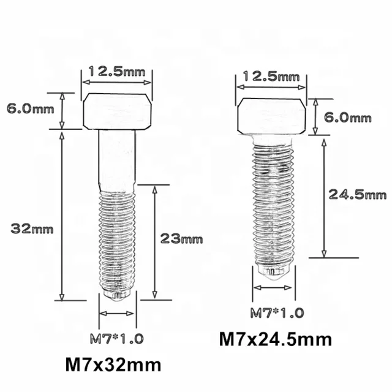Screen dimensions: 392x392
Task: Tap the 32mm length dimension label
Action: coord(32,229)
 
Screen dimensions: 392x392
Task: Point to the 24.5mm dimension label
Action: coord(357,195)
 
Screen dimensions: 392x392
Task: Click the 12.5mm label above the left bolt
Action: coord(117,71)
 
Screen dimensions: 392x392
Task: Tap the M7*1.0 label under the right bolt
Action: coord(276,313)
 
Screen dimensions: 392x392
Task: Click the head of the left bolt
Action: coord(117,111)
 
